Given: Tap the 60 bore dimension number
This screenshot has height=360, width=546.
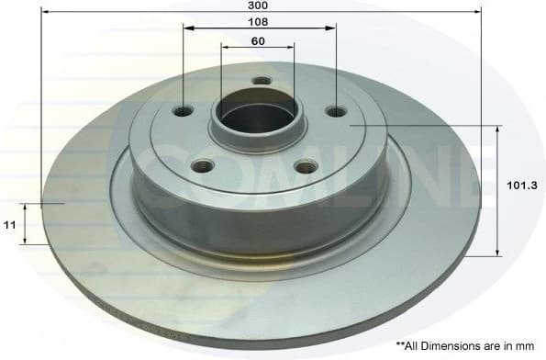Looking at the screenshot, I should tap(258, 40).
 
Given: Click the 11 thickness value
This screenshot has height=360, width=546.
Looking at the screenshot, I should tap(8, 223).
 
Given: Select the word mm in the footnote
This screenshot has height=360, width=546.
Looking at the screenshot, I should tap(524, 345).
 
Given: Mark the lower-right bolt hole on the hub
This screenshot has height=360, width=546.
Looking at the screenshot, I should tap(303, 168).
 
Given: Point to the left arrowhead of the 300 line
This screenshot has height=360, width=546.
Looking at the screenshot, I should tap(45, 11).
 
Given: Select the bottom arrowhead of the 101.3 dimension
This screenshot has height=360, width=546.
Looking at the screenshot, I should tap(498, 251).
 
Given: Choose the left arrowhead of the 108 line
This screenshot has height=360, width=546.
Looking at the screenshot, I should tap(187, 28).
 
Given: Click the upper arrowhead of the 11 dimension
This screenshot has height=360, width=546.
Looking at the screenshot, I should tap(27, 209).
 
